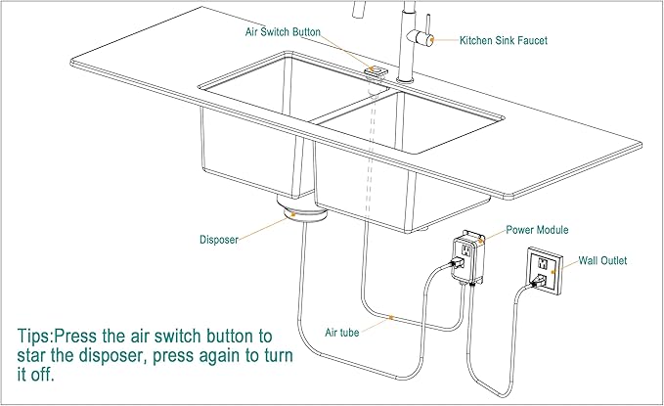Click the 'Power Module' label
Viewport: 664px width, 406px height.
537,230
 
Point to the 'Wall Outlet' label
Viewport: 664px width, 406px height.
602,260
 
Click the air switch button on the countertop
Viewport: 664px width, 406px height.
375,70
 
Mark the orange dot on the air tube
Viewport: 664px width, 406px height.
390,317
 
